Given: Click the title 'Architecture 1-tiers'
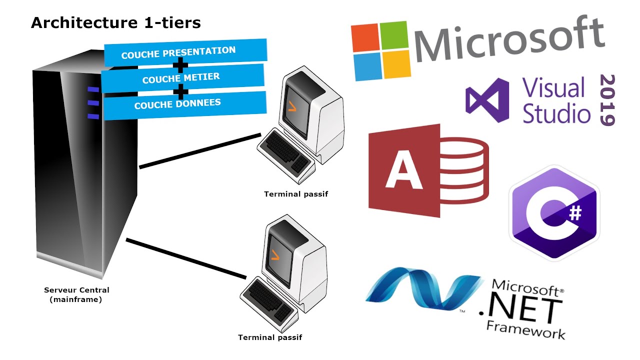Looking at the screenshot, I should coord(115,23).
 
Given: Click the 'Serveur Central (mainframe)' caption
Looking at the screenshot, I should coord(76,294).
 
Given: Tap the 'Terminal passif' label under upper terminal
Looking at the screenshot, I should coord(296,194).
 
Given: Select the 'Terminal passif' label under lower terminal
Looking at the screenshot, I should coord(270,337).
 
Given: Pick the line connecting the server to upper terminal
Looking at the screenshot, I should coord(200,150).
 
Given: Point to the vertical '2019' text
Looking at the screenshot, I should coord(606,100).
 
